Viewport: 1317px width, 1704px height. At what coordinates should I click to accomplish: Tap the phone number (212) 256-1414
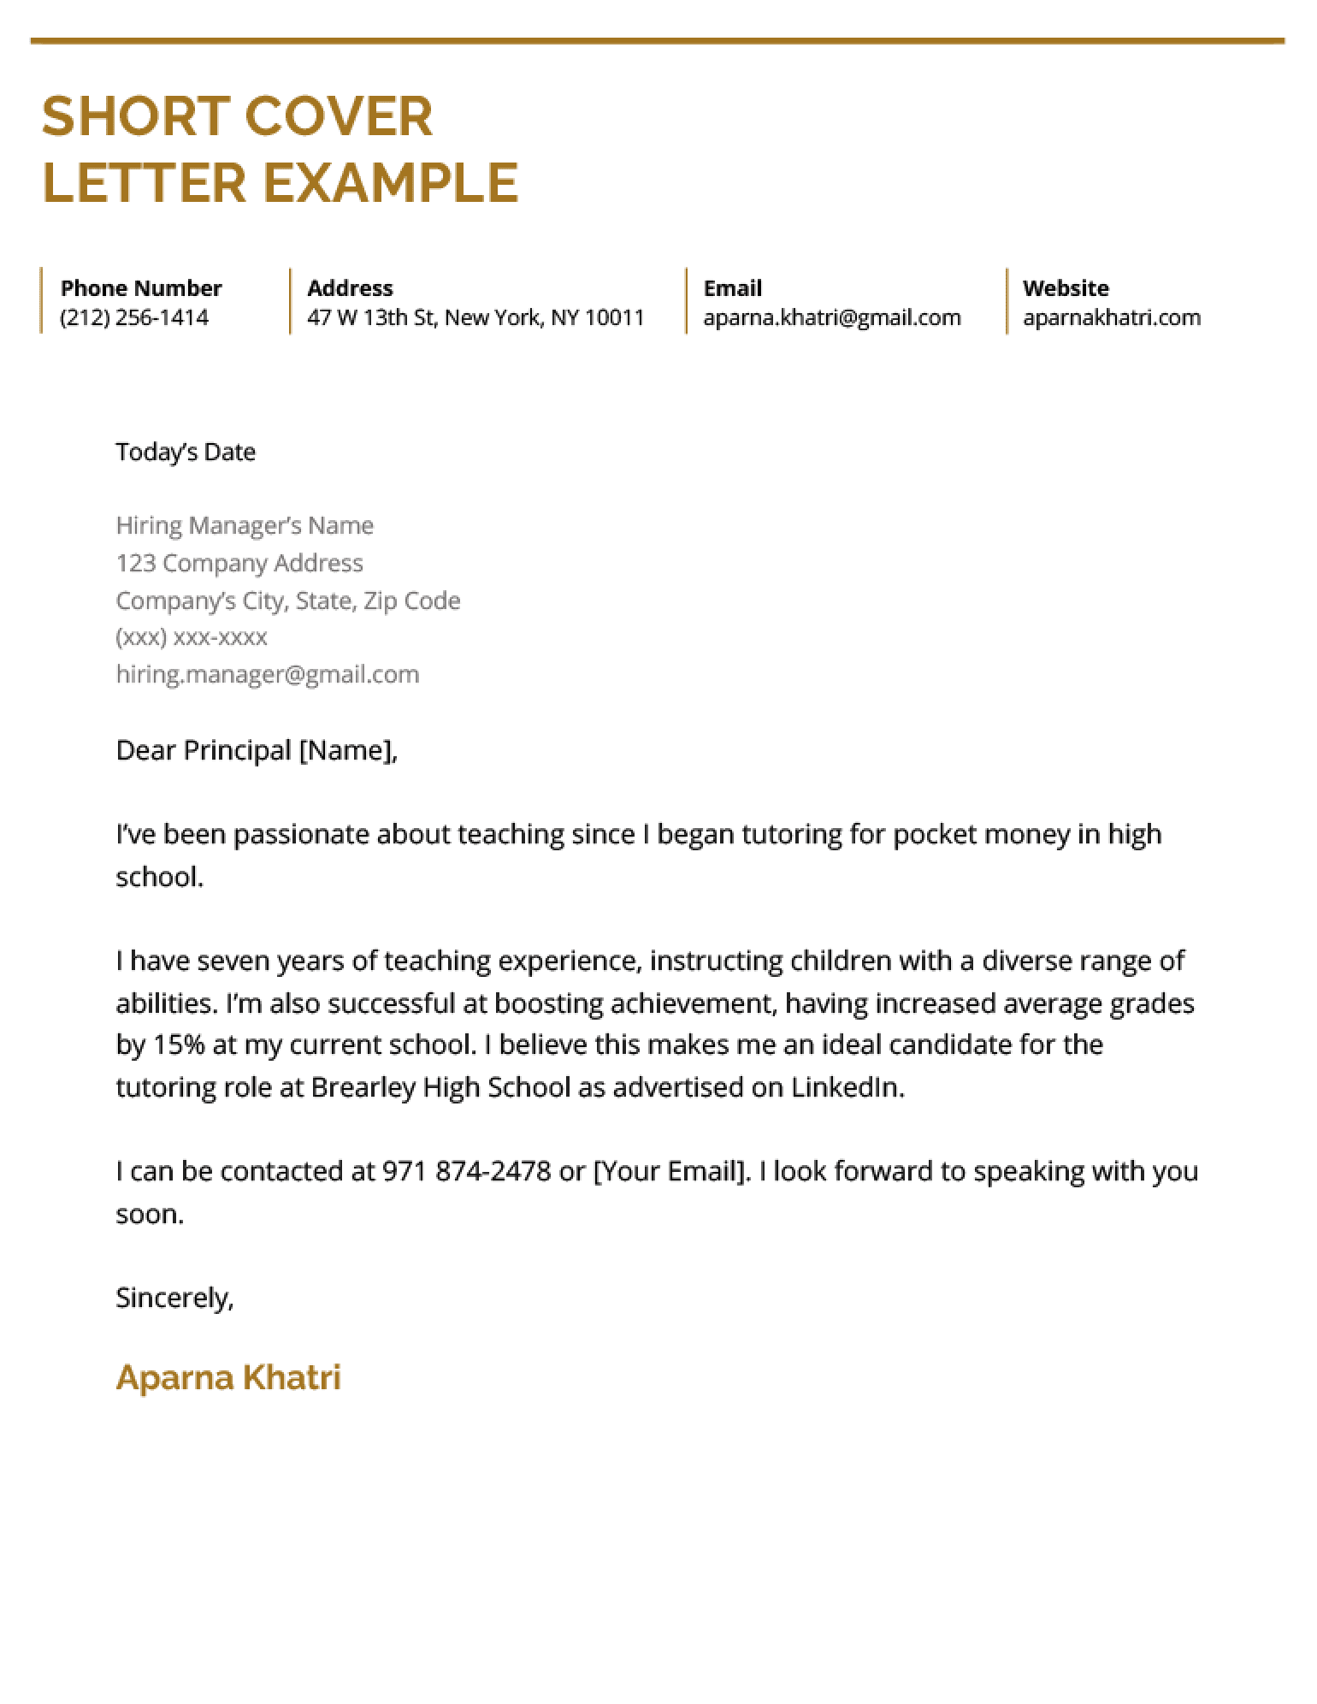click(x=134, y=317)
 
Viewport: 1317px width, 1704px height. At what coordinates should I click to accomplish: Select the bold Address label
click(x=350, y=287)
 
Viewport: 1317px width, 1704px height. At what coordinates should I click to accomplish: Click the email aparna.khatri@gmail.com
click(x=831, y=317)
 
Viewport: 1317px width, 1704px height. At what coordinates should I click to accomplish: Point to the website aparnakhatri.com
click(x=1111, y=317)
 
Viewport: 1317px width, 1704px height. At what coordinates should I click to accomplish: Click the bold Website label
click(x=1065, y=287)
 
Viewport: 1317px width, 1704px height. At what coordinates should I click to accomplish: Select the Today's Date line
click(x=186, y=452)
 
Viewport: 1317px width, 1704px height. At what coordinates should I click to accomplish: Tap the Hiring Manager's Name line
click(x=245, y=525)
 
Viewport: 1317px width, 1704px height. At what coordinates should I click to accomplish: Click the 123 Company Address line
click(x=239, y=563)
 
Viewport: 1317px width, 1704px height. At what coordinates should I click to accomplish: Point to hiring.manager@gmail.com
click(x=268, y=674)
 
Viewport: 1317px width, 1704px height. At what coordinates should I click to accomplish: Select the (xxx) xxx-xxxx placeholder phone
click(x=192, y=637)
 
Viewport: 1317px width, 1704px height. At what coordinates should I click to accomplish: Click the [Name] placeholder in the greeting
click(x=345, y=750)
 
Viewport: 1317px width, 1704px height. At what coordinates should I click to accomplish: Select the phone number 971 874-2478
click(x=466, y=1170)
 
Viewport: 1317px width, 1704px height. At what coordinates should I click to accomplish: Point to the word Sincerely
click(x=174, y=1298)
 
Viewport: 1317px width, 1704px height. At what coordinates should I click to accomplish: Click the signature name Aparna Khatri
click(x=228, y=1376)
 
